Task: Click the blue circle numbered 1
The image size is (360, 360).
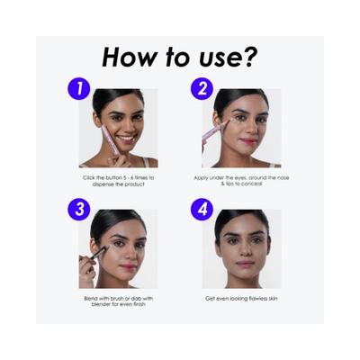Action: pos(78,88)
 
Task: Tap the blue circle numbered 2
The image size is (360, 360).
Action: pos(202,88)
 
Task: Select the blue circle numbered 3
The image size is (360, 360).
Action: pos(78,209)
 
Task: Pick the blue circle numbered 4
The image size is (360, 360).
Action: pos(202,209)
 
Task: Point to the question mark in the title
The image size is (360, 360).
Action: pos(249,57)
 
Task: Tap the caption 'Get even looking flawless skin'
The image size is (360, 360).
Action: pos(241,299)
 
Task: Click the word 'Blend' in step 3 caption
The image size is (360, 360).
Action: pos(90,299)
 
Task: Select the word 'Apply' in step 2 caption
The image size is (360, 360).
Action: pos(201,178)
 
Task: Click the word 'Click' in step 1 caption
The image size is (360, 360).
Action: pos(89,178)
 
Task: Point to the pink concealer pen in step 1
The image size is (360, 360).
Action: pos(110,140)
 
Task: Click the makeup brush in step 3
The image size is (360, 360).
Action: pos(95,254)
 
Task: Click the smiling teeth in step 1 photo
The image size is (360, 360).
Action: pos(126,139)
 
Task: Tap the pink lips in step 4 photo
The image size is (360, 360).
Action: pos(245,264)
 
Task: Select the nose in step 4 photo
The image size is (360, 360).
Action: pos(245,250)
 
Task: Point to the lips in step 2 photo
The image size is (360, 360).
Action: pos(247,140)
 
